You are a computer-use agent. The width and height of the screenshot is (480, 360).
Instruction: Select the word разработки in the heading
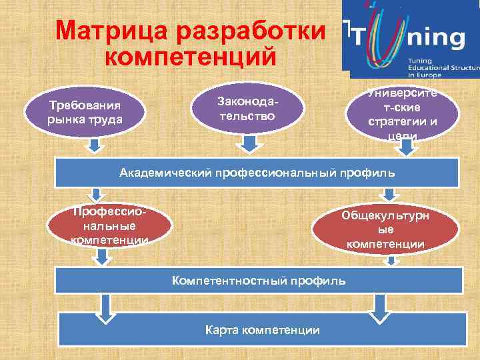pyautogui.click(x=251, y=31)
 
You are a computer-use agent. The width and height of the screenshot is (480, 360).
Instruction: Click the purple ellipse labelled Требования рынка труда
pyautogui.click(x=84, y=112)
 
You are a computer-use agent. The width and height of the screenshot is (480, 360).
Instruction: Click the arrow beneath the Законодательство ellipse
pyautogui.click(x=250, y=145)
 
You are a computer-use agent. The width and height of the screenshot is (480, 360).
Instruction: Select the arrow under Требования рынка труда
pyautogui.click(x=95, y=145)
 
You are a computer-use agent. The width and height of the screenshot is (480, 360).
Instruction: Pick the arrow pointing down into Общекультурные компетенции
pyautogui.click(x=389, y=194)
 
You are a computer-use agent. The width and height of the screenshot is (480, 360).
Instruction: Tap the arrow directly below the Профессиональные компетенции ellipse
pyautogui.click(x=102, y=257)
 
